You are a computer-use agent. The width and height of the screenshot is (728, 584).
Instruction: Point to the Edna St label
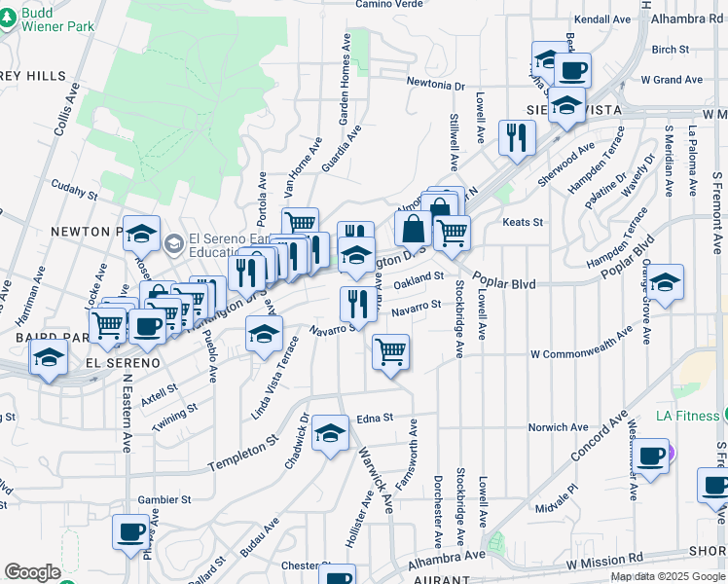(x=374, y=417)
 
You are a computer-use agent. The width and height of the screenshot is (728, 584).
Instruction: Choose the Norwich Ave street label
(x=559, y=427)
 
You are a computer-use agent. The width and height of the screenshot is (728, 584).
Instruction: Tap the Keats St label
(x=523, y=223)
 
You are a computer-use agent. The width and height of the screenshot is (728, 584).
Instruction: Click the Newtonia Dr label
(x=436, y=86)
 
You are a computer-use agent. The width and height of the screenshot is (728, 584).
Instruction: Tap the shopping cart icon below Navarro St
(x=391, y=351)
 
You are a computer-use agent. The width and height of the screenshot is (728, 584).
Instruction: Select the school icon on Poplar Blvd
(x=666, y=282)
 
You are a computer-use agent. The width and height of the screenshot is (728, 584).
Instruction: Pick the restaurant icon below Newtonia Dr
(x=517, y=136)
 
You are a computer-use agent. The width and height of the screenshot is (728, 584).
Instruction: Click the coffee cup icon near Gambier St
(x=130, y=531)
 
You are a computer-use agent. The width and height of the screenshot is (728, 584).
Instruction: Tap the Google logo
(x=32, y=572)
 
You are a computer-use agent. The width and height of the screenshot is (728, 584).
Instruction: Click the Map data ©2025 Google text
(x=667, y=576)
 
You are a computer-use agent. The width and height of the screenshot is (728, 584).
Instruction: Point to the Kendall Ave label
(x=603, y=18)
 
